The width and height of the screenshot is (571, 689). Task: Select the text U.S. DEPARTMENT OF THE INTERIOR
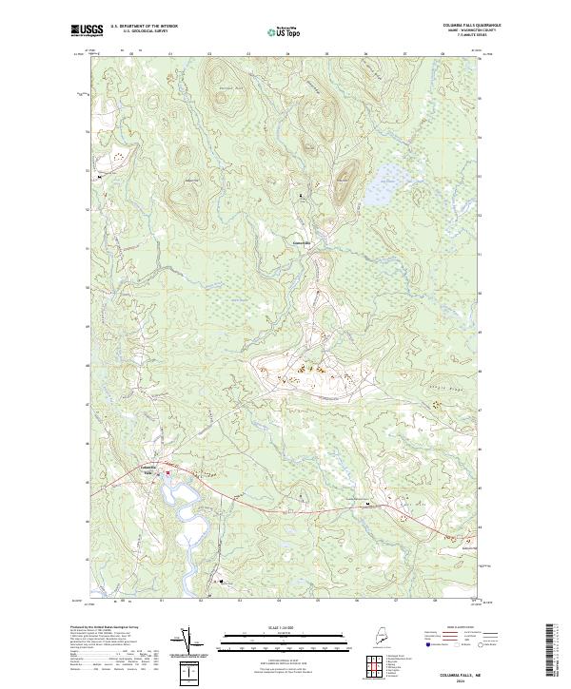144,27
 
